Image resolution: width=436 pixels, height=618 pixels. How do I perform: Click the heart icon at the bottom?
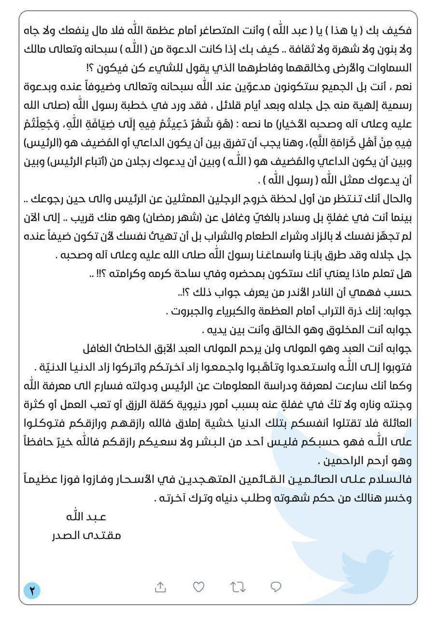198,587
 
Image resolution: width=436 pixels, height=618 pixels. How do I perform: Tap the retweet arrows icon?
237,587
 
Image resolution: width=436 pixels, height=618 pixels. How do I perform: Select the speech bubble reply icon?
276,587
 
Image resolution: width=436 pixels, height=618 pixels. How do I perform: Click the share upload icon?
160,587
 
